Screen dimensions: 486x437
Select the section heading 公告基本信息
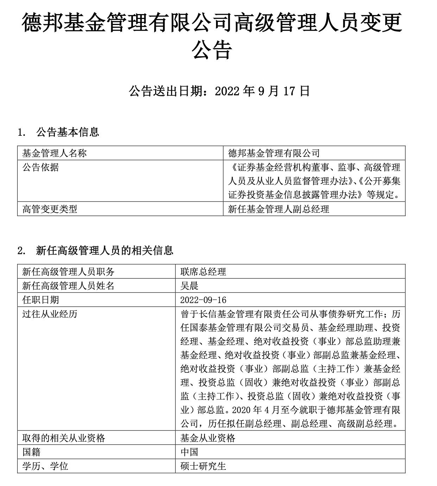68,132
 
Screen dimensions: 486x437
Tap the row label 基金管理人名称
54,153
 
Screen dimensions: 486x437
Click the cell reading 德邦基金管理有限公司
274,153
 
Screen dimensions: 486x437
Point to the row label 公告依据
40,167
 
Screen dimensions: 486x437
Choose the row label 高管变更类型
50,209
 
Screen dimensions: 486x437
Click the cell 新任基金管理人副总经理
278,209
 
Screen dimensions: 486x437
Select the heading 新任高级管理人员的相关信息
104,250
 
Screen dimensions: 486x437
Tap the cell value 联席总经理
203,271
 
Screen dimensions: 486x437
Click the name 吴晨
189,285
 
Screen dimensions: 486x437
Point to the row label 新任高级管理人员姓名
68,285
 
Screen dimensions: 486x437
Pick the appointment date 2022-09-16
203,300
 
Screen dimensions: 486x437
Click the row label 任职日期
40,300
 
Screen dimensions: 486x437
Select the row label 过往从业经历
50,314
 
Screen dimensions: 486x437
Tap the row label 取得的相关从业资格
64,438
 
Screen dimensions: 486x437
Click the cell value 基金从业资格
208,438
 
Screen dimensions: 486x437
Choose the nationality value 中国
189,452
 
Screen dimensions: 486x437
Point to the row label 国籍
31,452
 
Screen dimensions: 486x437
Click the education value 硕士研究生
203,466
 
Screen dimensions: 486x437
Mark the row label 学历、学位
45,466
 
